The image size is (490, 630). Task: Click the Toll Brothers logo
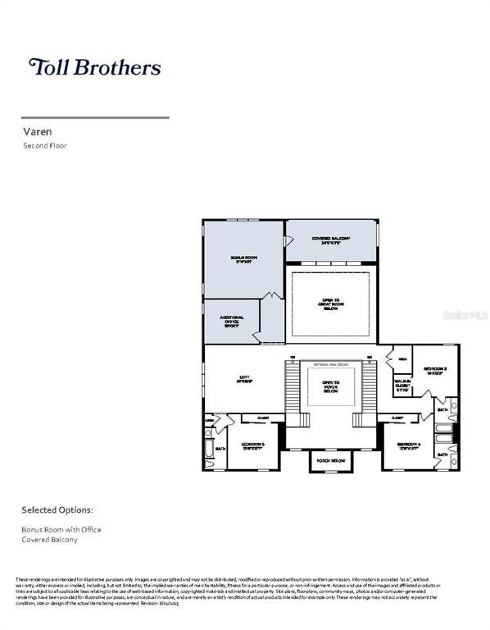pyautogui.click(x=94, y=67)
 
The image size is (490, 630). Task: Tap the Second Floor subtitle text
pyautogui.click(x=45, y=145)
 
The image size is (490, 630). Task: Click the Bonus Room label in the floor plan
pyautogui.click(x=243, y=260)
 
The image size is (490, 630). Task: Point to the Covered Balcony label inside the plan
pyautogui.click(x=331, y=240)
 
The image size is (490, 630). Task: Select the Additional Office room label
pyautogui.click(x=232, y=321)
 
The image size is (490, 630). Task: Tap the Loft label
pyautogui.click(x=243, y=379)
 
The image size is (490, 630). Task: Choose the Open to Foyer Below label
pyautogui.click(x=331, y=386)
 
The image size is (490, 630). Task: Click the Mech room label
pyautogui.click(x=402, y=359)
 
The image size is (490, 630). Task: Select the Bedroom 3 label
pyautogui.click(x=434, y=372)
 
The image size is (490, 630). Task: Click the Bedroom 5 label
pyautogui.click(x=252, y=446)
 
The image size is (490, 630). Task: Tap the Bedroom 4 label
pyautogui.click(x=409, y=446)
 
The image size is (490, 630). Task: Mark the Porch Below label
pyautogui.click(x=330, y=462)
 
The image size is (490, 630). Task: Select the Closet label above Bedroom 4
pyautogui.click(x=397, y=418)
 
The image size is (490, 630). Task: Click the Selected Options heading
pyautogui.click(x=57, y=509)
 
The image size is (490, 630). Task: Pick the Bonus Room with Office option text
pyautogui.click(x=61, y=530)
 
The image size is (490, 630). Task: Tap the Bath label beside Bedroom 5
pyautogui.click(x=220, y=450)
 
